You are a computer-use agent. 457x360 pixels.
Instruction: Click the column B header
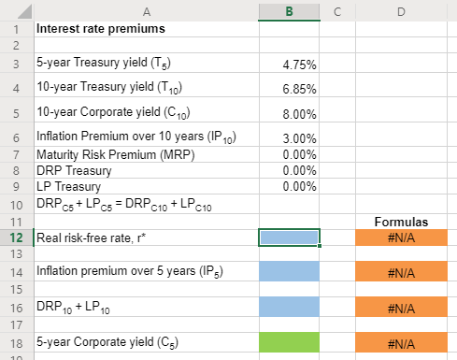[x=289, y=10]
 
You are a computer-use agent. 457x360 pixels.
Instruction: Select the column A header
[x=145, y=10]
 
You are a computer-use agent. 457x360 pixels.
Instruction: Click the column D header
[x=400, y=10]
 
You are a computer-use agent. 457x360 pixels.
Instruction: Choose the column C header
[x=336, y=10]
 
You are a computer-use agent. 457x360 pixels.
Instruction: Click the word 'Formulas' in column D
[x=401, y=223]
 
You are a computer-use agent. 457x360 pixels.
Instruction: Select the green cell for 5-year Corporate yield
[x=289, y=343]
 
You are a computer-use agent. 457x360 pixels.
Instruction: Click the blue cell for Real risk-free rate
[x=289, y=238]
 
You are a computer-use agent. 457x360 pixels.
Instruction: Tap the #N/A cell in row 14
[x=401, y=272]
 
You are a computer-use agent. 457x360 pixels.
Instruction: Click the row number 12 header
[x=15, y=238]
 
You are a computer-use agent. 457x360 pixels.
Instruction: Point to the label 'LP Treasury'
[x=66, y=186]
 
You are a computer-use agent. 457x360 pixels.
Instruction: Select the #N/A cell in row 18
[x=401, y=343]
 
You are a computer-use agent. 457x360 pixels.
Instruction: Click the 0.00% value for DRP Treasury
[x=298, y=170]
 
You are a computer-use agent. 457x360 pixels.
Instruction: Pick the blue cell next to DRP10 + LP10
[x=289, y=306]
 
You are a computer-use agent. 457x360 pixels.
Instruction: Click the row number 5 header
[x=15, y=113]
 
